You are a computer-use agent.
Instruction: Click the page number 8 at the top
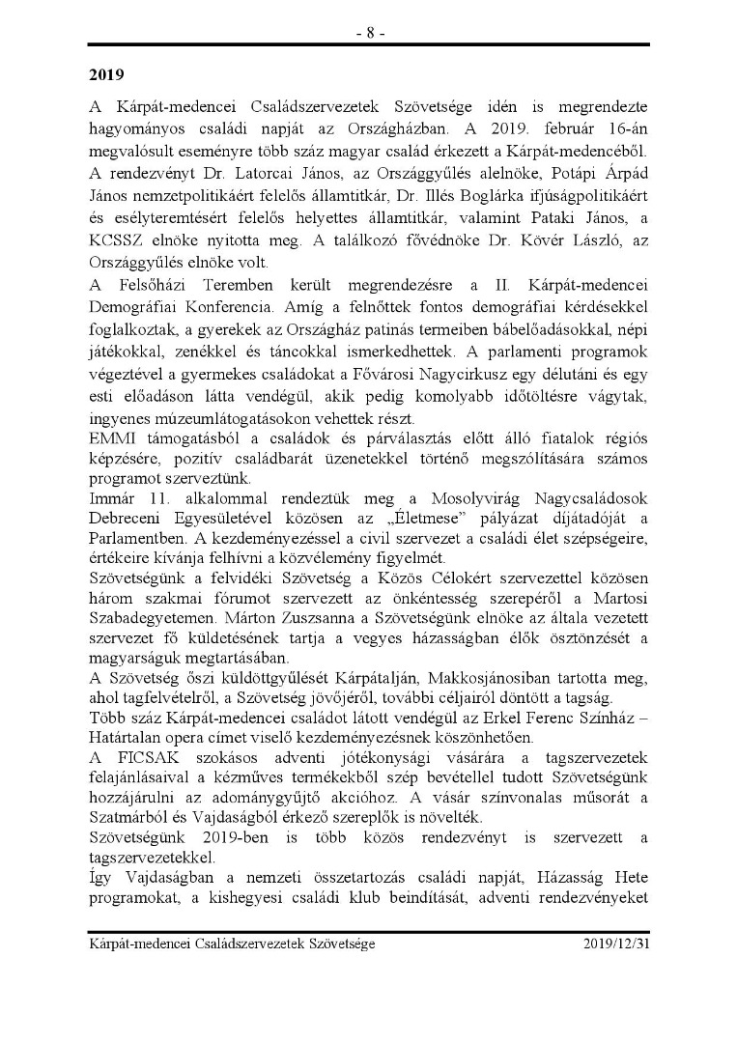(368, 32)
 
